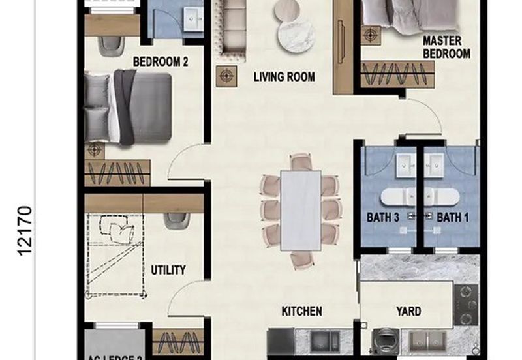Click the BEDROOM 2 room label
click(161, 62)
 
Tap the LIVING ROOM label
click(284, 77)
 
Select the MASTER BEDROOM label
click(446, 47)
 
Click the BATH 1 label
click(452, 217)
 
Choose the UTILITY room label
click(168, 270)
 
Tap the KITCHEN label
click(301, 311)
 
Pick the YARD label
click(409, 311)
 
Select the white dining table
click(300, 210)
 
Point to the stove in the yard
click(467, 305)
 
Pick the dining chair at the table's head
click(301, 161)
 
